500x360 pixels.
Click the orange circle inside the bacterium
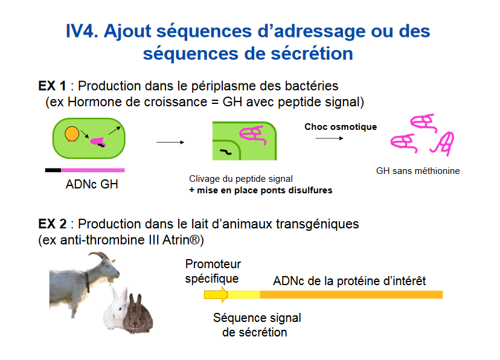click(x=72, y=133)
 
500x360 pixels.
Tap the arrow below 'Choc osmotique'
click(x=329, y=138)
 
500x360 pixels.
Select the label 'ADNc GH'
click(x=92, y=184)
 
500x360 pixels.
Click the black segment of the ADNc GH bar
click(x=53, y=170)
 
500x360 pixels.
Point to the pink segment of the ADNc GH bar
click(x=93, y=170)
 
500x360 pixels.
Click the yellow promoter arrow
click(x=216, y=294)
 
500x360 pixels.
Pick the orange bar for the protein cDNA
click(x=351, y=295)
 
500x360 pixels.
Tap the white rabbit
click(x=117, y=310)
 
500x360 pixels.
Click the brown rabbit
click(x=138, y=317)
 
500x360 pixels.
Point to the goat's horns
click(x=100, y=256)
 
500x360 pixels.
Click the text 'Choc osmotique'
click(x=341, y=127)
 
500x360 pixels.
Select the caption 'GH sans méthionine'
click(x=418, y=171)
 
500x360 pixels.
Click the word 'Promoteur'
click(x=213, y=264)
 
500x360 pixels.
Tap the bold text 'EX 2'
click(x=53, y=224)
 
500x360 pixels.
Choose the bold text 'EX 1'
click(x=53, y=86)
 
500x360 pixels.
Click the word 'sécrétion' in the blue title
click(x=312, y=54)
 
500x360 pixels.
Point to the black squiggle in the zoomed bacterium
click(x=226, y=152)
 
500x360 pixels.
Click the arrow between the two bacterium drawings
click(x=170, y=142)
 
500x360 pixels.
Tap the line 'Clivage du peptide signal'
click(x=241, y=179)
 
